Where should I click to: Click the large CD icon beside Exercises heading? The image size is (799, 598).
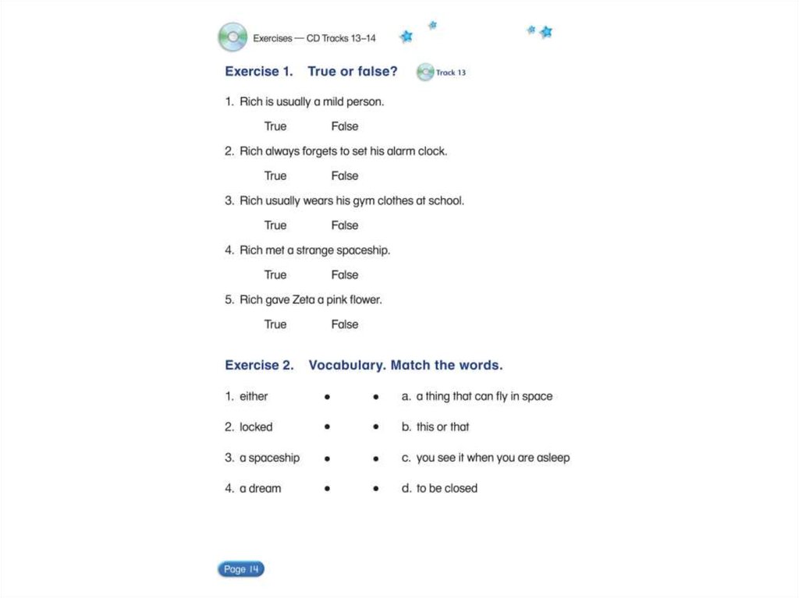coord(232,37)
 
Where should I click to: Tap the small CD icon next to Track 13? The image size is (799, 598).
coord(424,73)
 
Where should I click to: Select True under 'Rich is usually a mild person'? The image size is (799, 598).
coord(275,126)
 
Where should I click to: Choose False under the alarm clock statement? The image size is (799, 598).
coord(344,175)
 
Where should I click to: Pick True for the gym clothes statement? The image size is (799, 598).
coord(275,225)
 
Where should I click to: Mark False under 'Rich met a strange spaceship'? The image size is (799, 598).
coord(344,274)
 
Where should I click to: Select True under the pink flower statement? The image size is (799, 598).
coord(275,324)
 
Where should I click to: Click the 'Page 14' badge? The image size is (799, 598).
coord(241,569)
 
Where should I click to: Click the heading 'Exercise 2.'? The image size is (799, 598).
coord(259,365)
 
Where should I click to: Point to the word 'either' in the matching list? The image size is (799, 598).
coord(254,396)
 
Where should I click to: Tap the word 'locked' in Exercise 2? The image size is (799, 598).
coord(256,426)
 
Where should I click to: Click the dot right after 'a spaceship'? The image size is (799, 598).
coord(327,458)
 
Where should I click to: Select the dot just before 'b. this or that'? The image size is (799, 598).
coord(376,427)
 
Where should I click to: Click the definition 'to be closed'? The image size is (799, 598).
coord(446,488)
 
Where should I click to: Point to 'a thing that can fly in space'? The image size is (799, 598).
coord(484,396)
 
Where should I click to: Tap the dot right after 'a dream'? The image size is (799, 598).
coord(327,489)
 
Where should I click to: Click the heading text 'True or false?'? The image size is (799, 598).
coord(352,72)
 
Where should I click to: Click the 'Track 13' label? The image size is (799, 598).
coord(451,73)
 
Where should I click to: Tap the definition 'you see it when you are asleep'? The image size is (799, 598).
coord(492,458)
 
